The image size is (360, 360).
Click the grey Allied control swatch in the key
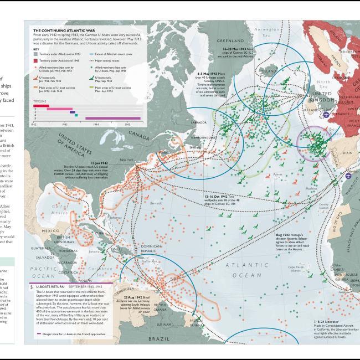point(36,54)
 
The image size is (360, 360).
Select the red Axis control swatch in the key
point(36,59)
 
